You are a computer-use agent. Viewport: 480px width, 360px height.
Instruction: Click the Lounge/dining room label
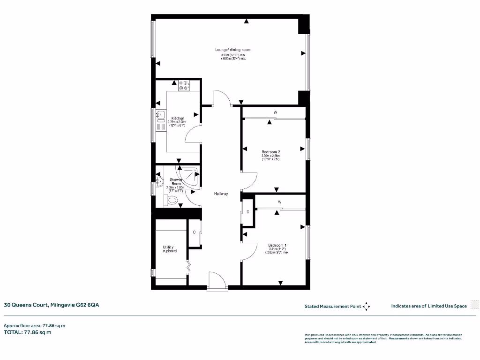[232, 50]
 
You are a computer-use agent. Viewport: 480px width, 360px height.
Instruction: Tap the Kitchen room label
[178, 118]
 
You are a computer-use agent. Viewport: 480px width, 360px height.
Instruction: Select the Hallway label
[221, 194]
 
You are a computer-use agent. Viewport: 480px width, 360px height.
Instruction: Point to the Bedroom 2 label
[270, 152]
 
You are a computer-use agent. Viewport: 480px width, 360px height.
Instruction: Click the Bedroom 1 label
[277, 246]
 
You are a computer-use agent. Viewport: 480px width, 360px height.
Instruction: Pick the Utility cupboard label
[170, 249]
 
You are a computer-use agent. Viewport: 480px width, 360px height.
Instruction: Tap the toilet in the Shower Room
[172, 201]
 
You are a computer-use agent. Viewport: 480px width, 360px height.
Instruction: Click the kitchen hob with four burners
[184, 85]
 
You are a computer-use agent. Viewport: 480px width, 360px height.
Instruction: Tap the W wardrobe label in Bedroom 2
[276, 112]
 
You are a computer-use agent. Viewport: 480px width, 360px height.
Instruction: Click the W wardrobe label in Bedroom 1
[279, 202]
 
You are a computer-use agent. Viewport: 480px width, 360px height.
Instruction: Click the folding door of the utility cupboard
[189, 266]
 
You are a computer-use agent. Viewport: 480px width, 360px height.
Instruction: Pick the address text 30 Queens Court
[52, 305]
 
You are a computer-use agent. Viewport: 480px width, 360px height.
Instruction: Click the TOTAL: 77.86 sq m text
[28, 332]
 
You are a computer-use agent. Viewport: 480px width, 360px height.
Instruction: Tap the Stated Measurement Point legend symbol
[366, 307]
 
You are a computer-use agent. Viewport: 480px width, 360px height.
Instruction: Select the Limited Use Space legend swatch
[474, 306]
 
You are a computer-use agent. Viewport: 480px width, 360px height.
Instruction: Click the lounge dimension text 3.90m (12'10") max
[233, 55]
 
